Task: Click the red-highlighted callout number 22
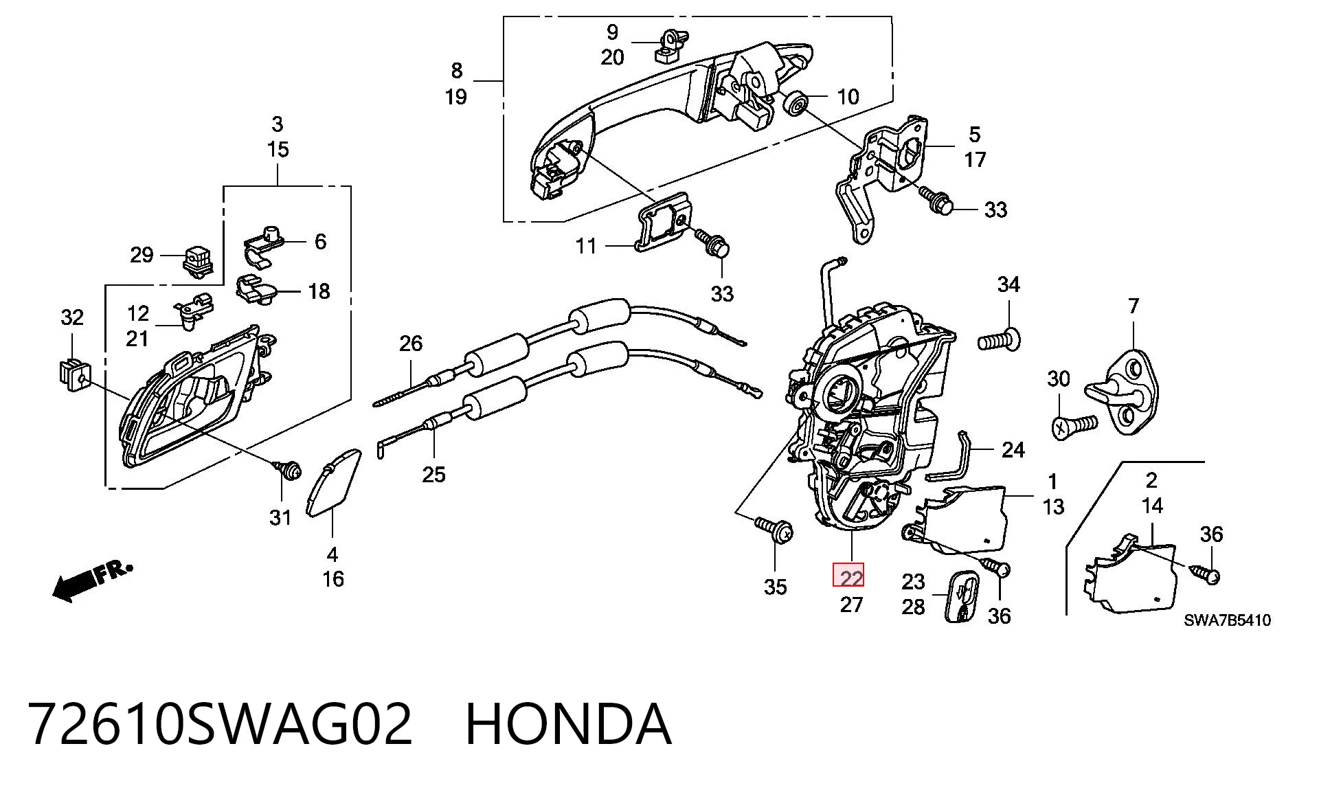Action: click(850, 577)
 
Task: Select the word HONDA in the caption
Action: click(568, 724)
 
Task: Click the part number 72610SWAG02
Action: click(220, 724)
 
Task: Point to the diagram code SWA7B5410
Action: click(1227, 620)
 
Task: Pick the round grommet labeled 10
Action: click(796, 102)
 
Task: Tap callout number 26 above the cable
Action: click(411, 343)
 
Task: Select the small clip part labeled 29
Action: click(199, 262)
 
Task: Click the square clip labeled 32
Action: click(71, 374)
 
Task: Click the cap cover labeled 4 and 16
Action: click(332, 481)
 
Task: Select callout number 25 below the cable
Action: click(433, 475)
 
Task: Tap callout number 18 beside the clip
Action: click(319, 291)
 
